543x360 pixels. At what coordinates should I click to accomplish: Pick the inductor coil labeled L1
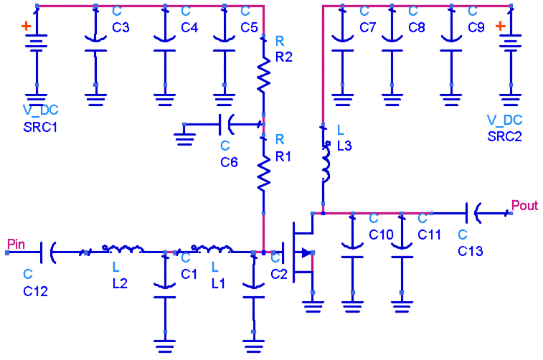[x=211, y=250]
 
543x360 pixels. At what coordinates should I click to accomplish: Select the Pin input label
[x=16, y=245]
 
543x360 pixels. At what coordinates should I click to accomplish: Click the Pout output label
[x=524, y=206]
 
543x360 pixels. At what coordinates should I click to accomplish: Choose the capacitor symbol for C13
[x=473, y=213]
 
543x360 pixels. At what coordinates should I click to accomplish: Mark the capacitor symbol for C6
[x=225, y=125]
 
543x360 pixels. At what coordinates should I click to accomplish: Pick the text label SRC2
[x=504, y=136]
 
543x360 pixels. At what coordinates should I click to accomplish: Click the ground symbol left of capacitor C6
[x=185, y=134]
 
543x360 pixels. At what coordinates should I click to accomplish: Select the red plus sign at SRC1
[x=26, y=26]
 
